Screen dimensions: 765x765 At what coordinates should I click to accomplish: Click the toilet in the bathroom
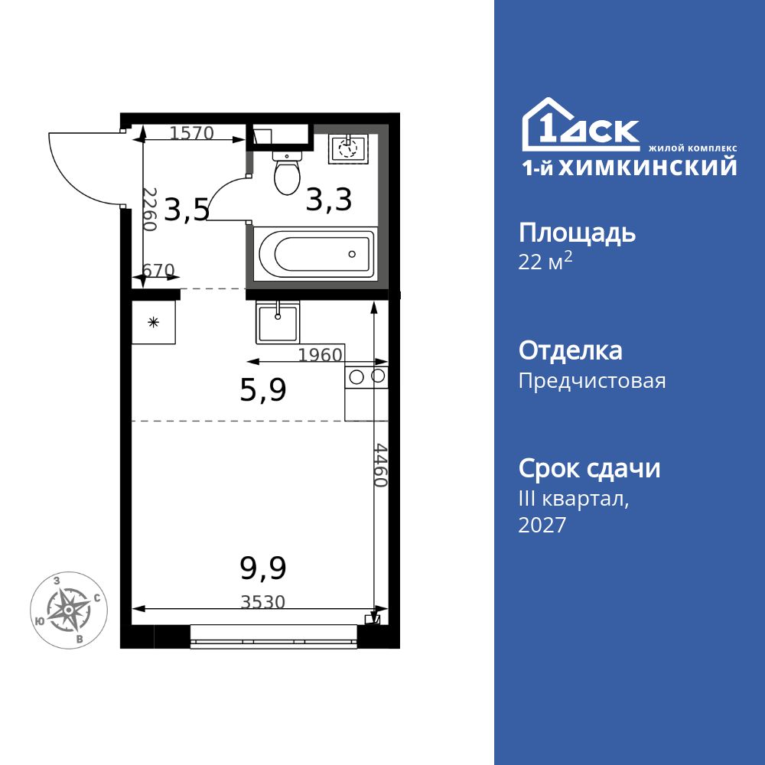(x=288, y=174)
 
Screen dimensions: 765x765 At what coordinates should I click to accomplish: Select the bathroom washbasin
(x=348, y=149)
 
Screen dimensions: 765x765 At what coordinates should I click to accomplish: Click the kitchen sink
(x=278, y=321)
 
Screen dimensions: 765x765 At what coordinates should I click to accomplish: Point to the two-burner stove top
(x=366, y=376)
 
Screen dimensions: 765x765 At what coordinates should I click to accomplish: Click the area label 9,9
(x=262, y=568)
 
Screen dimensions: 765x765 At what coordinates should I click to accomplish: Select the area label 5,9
(x=262, y=391)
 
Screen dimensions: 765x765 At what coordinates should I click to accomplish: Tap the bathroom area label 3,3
(x=328, y=200)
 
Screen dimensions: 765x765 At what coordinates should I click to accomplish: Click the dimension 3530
(x=262, y=602)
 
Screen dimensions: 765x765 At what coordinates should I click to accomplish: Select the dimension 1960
(x=320, y=354)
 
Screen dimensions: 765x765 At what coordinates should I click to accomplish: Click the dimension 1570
(x=191, y=133)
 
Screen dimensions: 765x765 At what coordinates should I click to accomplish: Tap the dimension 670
(x=159, y=271)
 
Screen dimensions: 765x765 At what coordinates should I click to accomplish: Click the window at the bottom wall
(x=273, y=636)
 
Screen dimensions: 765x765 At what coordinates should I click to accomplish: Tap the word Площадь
(x=577, y=232)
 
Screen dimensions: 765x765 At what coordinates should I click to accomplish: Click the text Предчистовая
(x=592, y=381)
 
